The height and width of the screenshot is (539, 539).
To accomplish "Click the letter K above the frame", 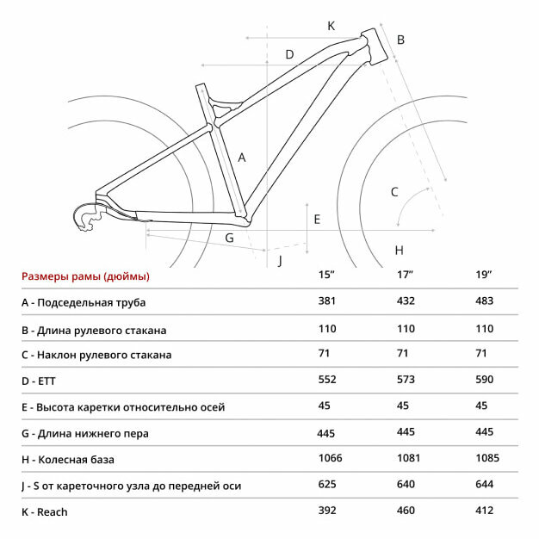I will pos(331,26).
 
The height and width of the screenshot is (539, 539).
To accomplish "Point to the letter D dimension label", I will pos(290,54).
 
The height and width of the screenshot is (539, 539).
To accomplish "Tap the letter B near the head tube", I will pos(400,40).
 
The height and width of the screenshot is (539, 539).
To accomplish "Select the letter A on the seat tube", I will pos(242,158).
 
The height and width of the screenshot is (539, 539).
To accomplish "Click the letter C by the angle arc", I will pos(394,192).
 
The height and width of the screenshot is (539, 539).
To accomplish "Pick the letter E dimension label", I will pos(317,220).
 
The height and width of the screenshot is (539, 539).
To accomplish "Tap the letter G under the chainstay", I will pos(230,238).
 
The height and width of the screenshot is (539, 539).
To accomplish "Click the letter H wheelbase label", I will pos(399,251).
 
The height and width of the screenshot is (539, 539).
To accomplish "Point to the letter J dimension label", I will pos(280,260).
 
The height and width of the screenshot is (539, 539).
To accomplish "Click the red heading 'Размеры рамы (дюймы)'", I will pos(85,276).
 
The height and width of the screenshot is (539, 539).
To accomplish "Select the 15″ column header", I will pos(326,275).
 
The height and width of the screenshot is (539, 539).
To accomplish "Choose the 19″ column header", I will pos(484,275).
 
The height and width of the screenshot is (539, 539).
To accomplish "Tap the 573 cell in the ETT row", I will pos(406,380).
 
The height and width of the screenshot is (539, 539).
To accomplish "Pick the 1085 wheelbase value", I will pos(487,458).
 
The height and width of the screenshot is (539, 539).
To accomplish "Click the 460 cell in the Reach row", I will pos(406,511).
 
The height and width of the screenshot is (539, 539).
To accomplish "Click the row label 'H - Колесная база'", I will pos(68,460).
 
